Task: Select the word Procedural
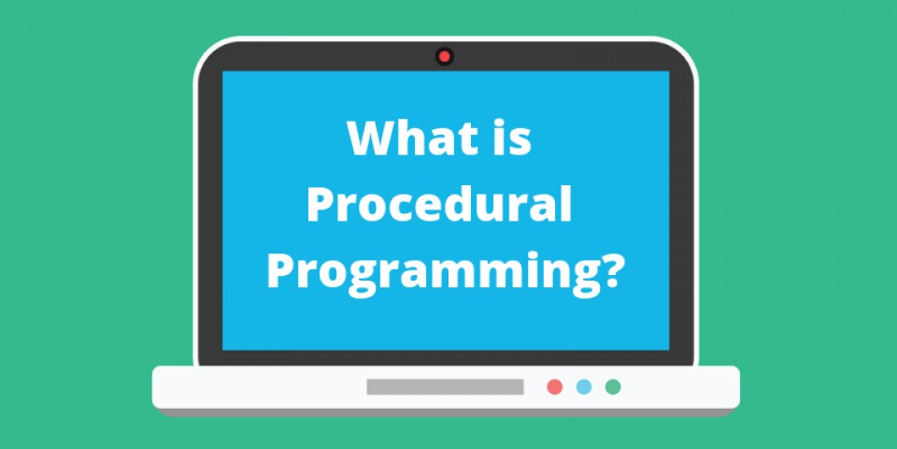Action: tap(438, 206)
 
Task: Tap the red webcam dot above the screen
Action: tap(445, 57)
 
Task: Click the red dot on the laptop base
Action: tap(555, 386)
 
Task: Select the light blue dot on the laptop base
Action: tap(584, 386)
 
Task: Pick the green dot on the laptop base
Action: tap(613, 386)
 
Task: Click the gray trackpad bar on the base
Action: tap(445, 386)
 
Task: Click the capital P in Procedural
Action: tap(320, 206)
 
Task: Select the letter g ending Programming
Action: tap(580, 277)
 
